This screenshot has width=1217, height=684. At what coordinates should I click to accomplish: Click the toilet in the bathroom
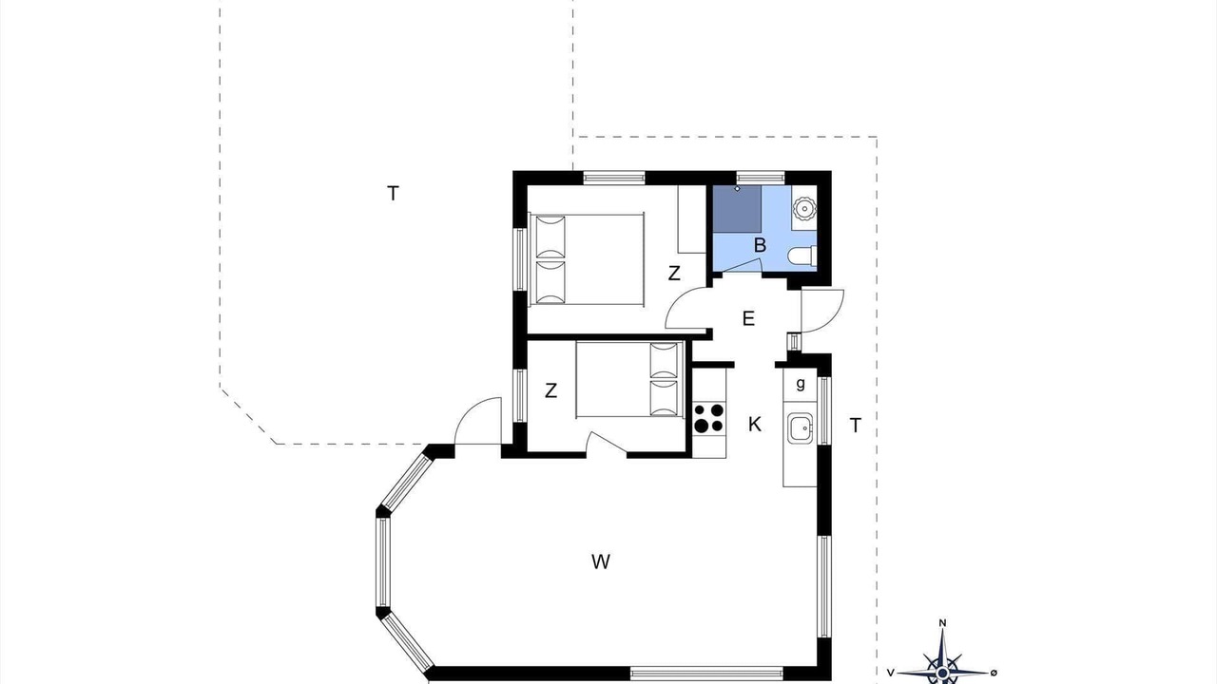tap(804, 256)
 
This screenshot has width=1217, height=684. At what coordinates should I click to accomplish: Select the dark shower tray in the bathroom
tap(737, 209)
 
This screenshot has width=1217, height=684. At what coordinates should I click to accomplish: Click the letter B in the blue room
tap(760, 245)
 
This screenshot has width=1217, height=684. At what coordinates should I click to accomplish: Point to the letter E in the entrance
tap(748, 318)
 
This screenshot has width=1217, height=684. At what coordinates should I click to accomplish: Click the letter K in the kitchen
tap(755, 425)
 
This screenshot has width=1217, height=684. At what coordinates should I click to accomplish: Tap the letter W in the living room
tap(600, 561)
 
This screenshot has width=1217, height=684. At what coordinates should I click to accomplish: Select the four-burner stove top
tap(709, 418)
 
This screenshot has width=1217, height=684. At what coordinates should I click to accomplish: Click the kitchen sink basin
tap(801, 427)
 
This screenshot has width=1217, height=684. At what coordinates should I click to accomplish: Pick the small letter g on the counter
tap(801, 384)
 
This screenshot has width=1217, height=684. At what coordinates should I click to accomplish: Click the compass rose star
tap(942, 666)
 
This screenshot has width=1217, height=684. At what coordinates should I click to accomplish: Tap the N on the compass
tap(942, 623)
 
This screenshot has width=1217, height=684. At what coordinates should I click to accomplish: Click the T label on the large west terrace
tap(393, 193)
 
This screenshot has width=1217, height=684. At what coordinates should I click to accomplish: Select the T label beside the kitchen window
tap(855, 426)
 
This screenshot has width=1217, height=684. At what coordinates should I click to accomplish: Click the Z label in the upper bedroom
tap(674, 273)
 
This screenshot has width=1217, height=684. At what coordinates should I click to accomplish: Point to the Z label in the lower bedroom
tap(551, 390)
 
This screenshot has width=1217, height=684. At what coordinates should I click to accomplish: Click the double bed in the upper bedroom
tap(587, 258)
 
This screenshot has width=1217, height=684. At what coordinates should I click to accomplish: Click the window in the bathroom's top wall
tap(760, 178)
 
